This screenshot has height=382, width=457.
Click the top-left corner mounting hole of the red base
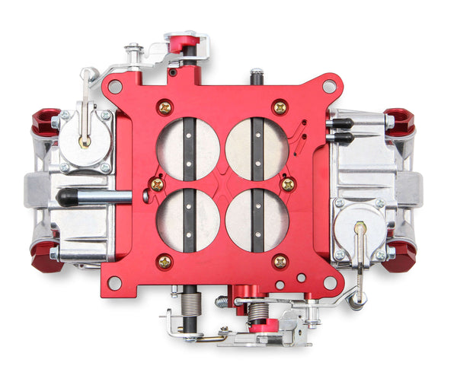tap(114, 87)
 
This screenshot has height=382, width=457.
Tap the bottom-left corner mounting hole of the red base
tap(114, 283)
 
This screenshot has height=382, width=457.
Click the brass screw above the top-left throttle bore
tap(164, 107)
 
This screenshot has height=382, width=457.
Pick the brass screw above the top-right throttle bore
tap(280, 107)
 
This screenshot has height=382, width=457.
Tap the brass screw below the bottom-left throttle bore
tap(164, 262)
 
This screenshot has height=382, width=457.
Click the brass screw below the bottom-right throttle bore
tap(280, 262)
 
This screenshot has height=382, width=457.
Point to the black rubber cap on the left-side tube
tap(67, 198)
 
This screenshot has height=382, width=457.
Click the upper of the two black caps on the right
tap(340, 123)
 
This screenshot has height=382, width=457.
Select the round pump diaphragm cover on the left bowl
tap(85, 138)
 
